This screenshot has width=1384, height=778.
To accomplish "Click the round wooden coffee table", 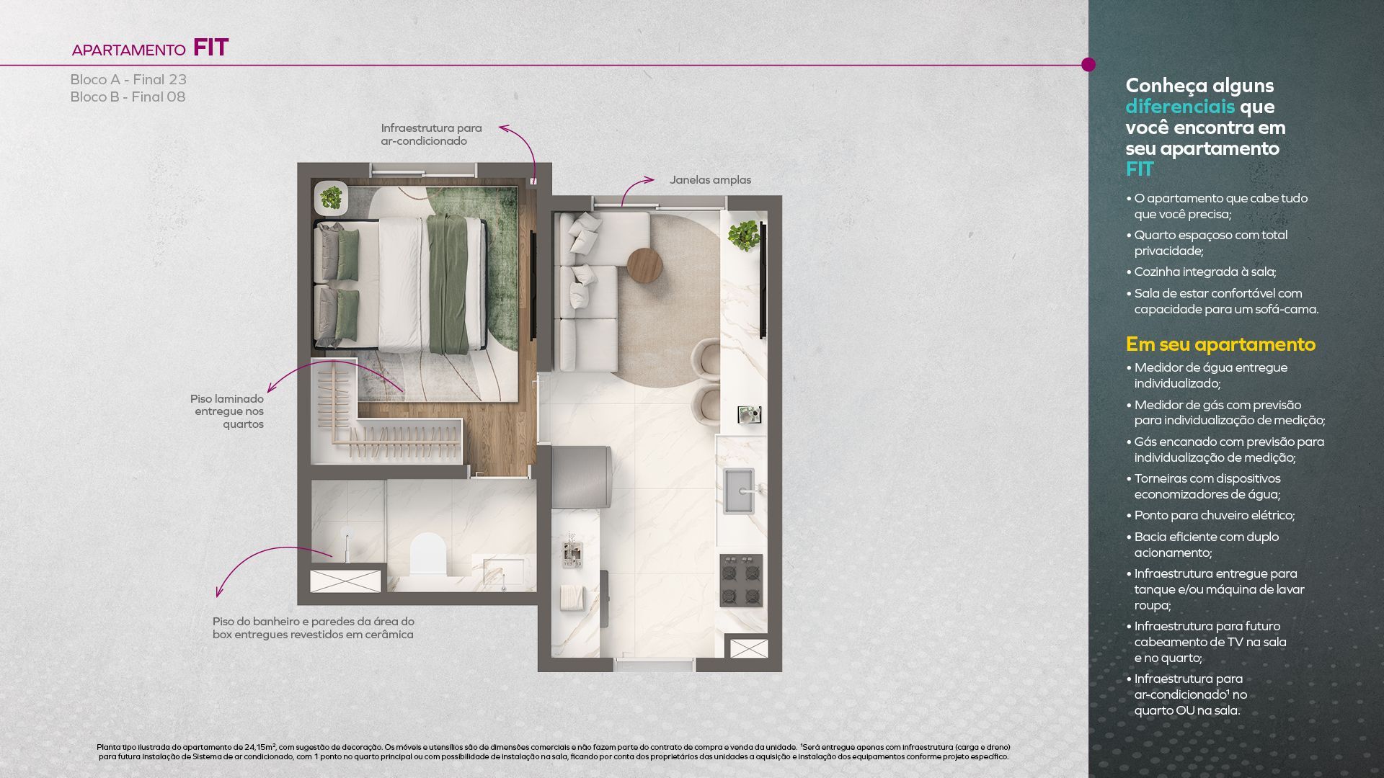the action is coord(644,266).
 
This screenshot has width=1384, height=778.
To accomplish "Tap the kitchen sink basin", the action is coord(738,491).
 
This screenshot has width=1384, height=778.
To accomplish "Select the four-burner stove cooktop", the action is coord(741,581).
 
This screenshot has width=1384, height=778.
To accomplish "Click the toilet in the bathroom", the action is coord(428,554).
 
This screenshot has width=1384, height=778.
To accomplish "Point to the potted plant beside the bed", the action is coord(332,197).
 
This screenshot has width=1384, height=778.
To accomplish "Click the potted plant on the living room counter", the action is coord(743,235).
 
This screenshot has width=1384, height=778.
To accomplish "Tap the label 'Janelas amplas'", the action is coord(710,180).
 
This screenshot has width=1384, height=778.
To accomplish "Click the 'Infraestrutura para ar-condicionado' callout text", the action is coord(431,135).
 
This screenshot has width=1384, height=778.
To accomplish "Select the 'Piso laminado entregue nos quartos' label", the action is coord(227,411).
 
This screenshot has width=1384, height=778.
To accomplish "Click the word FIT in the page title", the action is coord(210,48).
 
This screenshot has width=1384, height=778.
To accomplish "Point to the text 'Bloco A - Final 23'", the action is coord(128,79).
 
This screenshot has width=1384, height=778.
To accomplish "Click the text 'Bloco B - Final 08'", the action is coord(128,97).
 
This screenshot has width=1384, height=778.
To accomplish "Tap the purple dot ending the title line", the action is coord(1088,65).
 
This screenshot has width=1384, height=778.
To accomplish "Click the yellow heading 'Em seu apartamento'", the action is coord(1220,344).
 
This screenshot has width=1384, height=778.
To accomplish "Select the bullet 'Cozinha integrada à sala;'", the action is coord(1205,272).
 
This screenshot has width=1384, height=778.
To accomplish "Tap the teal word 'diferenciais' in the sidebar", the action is coord(1180,107).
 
